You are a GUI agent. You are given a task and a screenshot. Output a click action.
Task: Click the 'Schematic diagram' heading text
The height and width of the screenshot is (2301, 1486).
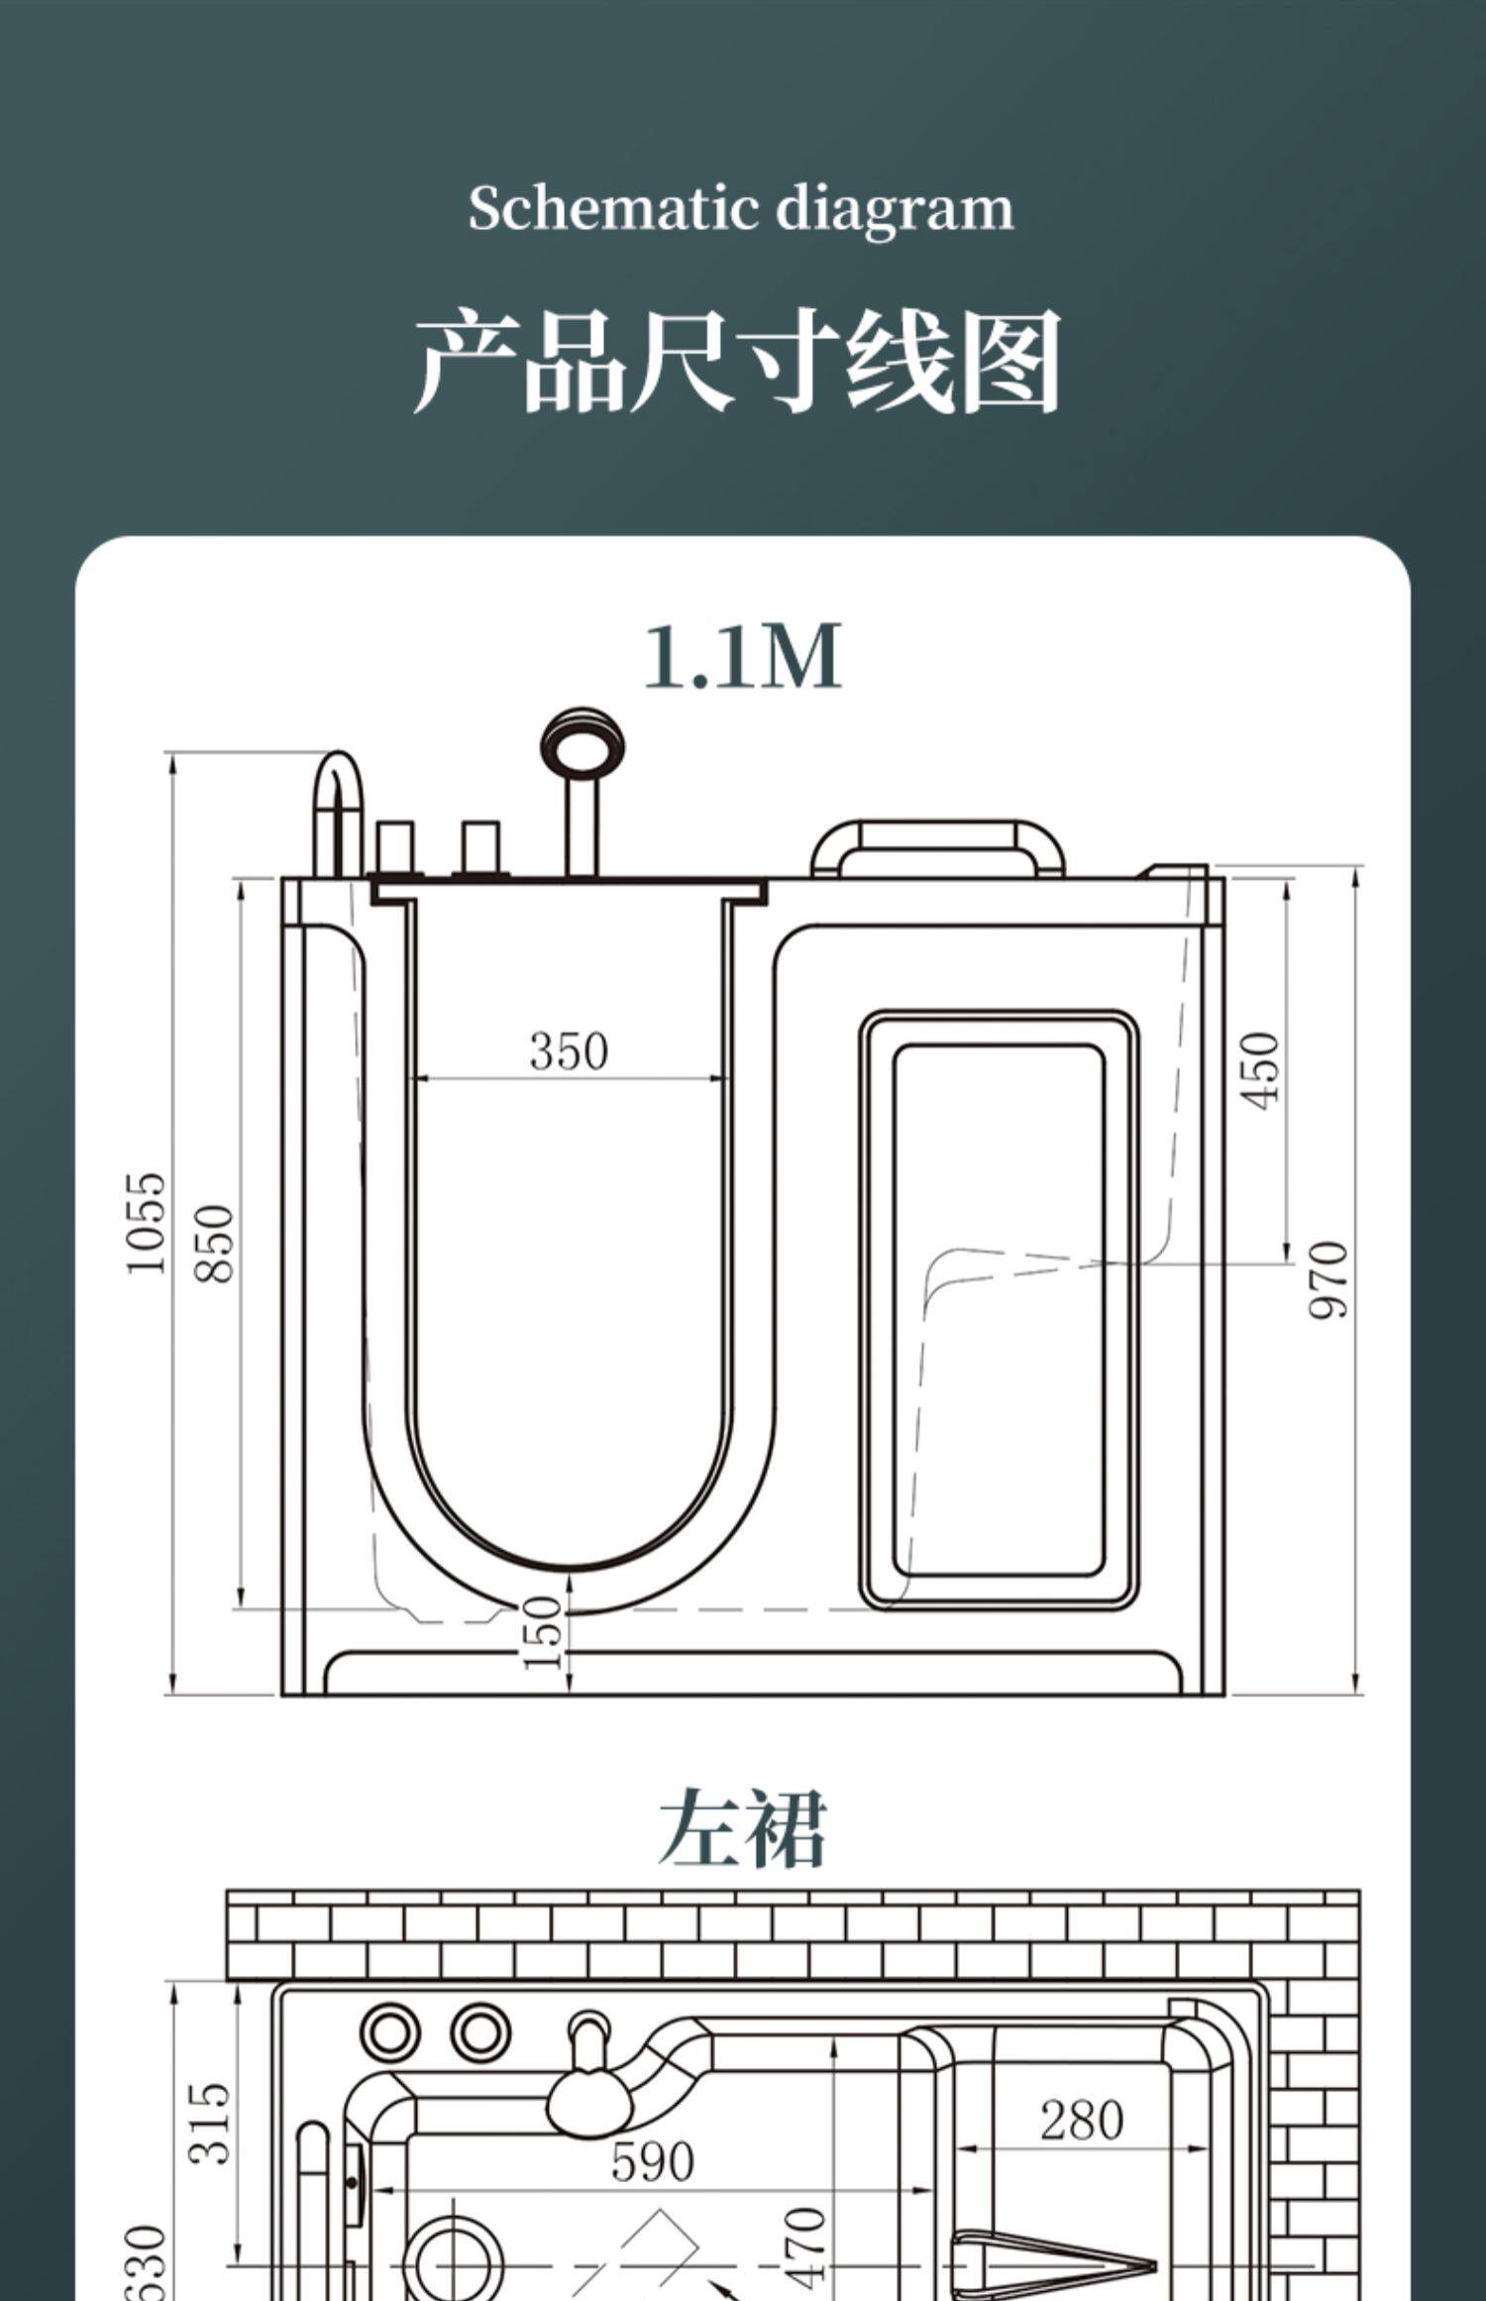[741, 209]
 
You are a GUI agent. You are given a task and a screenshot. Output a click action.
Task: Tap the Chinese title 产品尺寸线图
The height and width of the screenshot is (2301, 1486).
[738, 362]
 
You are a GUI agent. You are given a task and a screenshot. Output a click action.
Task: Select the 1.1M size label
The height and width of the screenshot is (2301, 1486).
[743, 656]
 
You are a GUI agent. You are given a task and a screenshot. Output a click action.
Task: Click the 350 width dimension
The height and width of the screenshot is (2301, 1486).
[569, 1051]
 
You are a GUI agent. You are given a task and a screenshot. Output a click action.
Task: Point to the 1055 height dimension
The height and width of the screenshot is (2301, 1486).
[147, 1224]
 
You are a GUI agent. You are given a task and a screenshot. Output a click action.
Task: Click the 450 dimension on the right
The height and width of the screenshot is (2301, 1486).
[1260, 1070]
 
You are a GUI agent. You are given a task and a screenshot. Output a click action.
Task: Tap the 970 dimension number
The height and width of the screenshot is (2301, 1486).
[1328, 1279]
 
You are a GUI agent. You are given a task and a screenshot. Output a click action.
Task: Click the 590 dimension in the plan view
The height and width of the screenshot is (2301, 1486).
[652, 2162]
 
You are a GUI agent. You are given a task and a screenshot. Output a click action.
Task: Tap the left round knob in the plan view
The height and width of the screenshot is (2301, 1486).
[389, 2033]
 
